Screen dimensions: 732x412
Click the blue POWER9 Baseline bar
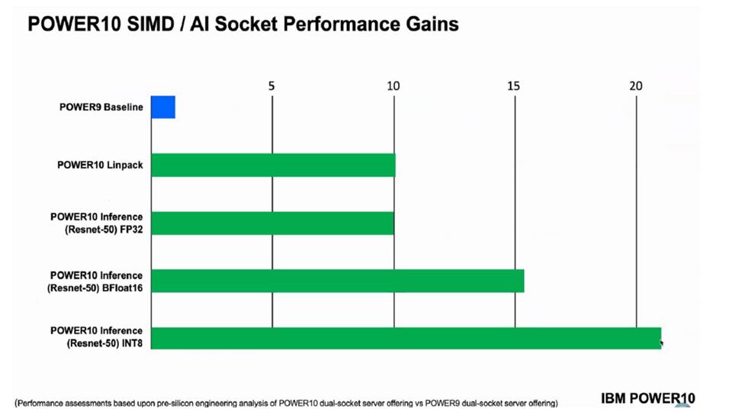point(163,107)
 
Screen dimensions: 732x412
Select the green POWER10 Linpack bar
point(273,166)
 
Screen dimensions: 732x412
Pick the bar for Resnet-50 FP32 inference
point(272,224)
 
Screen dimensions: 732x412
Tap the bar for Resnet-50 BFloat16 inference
point(338,282)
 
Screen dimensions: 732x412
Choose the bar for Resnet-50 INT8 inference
point(406,338)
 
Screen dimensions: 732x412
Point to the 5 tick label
point(271,86)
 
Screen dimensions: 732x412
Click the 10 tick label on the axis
point(393,86)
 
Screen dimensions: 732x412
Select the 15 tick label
point(513,86)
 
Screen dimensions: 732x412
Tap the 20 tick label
point(636,86)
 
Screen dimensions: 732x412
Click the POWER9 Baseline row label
point(101,107)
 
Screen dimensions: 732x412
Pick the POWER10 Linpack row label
point(100,166)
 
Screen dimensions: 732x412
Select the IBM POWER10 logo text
point(648,398)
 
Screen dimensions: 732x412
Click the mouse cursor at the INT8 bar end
point(662,344)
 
